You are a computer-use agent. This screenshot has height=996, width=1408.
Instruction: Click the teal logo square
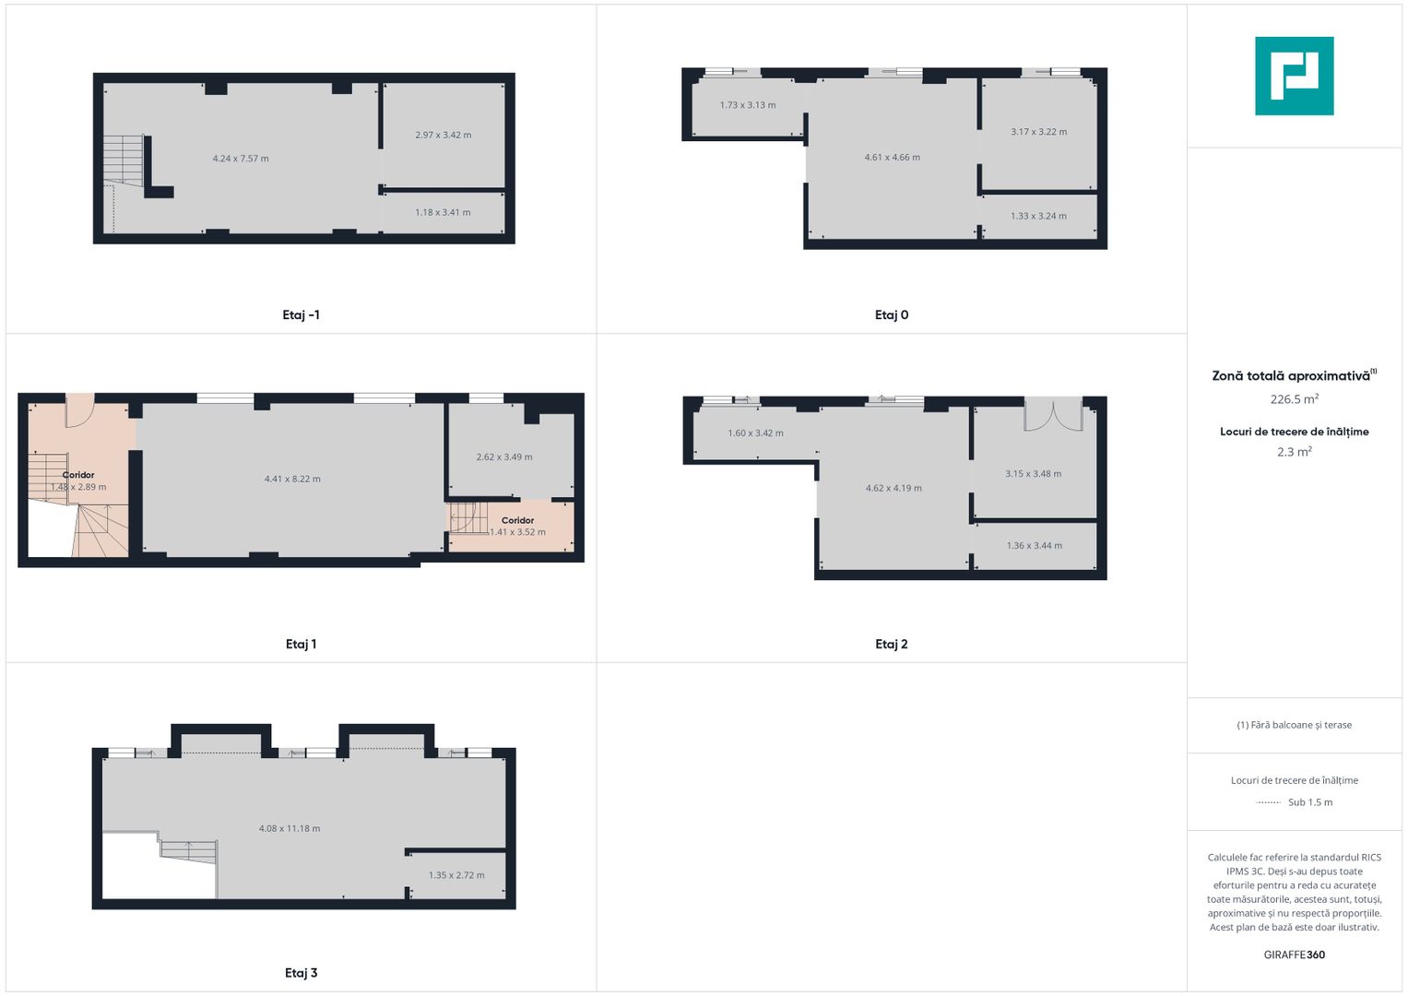[x=1295, y=76]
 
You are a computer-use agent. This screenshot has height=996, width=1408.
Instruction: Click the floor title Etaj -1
[x=302, y=315]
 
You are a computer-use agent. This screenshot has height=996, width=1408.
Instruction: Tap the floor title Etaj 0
[x=892, y=315]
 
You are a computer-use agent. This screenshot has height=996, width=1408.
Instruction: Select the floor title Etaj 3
[x=302, y=973]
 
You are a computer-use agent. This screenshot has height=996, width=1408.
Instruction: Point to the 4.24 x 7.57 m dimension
[x=241, y=159]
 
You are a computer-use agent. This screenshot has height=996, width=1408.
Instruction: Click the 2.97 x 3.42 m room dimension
[x=444, y=135]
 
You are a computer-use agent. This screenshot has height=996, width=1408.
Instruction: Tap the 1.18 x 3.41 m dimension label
[x=443, y=212]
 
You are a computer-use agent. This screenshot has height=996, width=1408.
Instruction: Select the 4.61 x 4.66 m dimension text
[x=892, y=157]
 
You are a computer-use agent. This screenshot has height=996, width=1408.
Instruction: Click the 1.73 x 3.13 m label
[x=748, y=105]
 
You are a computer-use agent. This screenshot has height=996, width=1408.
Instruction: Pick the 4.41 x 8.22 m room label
[x=292, y=480]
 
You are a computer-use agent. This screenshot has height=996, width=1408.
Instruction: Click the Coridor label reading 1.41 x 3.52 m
[x=517, y=527]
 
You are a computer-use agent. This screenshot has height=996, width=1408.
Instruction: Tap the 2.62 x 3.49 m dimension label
[x=504, y=457]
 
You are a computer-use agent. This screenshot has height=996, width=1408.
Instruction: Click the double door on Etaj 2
[x=1053, y=414]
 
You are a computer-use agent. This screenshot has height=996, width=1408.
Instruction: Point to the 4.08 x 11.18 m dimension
[x=290, y=829]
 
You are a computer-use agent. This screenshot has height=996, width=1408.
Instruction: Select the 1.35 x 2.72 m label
[x=456, y=875]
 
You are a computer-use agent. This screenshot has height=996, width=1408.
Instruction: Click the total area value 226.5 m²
[x=1295, y=398]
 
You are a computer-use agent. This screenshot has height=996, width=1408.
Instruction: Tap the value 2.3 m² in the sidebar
[x=1295, y=452]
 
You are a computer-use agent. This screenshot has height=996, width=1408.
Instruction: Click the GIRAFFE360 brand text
[x=1295, y=954]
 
